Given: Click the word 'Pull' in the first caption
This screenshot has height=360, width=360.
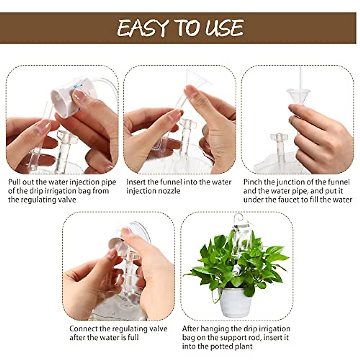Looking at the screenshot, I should pyautogui.click(x=15, y=182).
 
